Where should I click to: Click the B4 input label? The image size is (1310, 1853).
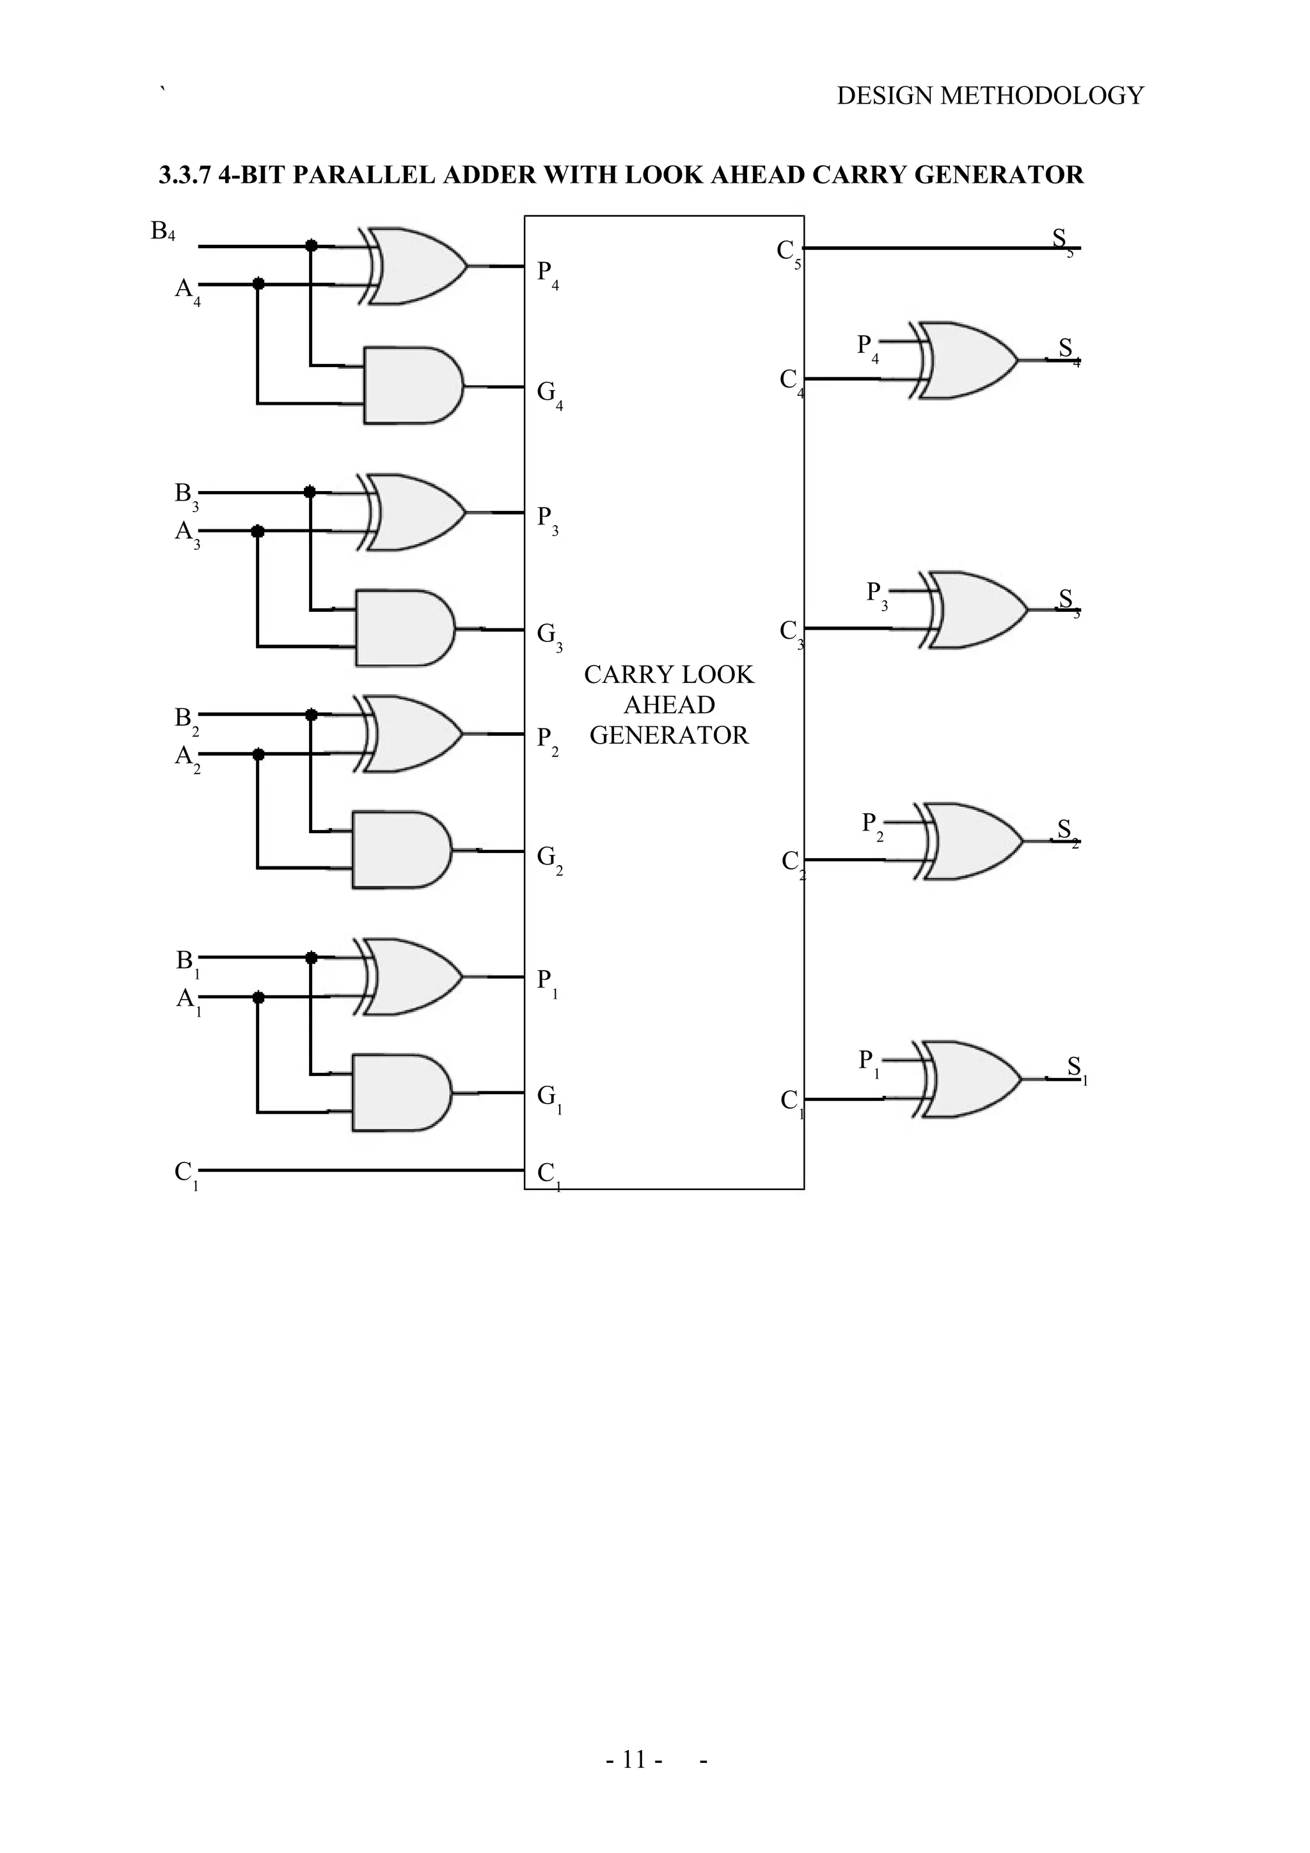162,231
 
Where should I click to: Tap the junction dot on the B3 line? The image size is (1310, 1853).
309,492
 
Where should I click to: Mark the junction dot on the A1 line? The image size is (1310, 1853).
258,998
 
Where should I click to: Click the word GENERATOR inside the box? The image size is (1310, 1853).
668,735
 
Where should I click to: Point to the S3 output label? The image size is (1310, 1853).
1067,600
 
